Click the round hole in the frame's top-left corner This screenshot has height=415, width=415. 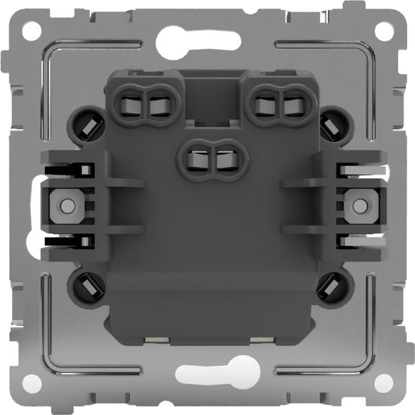pyautogui.click(x=31, y=30)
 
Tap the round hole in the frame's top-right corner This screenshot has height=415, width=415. pyautogui.click(x=384, y=30)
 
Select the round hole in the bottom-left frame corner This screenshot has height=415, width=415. pyautogui.click(x=31, y=384)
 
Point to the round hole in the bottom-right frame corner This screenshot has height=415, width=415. pyautogui.click(x=384, y=384)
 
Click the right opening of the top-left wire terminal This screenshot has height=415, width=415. pyautogui.click(x=157, y=105)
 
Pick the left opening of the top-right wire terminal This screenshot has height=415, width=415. pyautogui.click(x=264, y=105)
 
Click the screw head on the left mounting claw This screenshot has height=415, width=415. pyautogui.click(x=66, y=205)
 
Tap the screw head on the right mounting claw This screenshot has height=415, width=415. pyautogui.click(x=357, y=205)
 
